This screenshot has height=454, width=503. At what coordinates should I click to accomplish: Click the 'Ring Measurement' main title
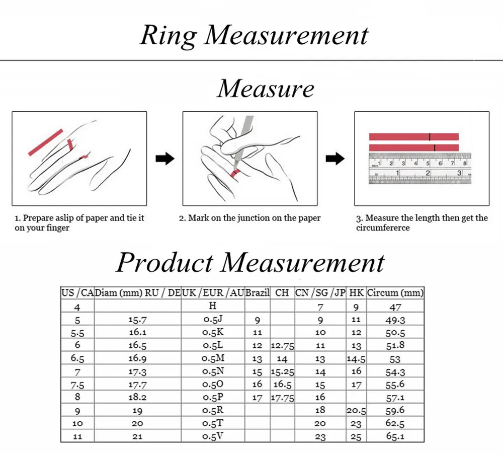coord(254,35)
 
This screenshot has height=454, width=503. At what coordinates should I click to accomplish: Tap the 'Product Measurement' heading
coord(250,263)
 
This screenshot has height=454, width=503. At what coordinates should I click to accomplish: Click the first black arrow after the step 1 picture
coord(165,159)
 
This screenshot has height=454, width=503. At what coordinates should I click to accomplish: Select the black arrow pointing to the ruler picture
coord(335,159)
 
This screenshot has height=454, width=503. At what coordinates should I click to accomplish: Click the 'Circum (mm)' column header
coord(395,292)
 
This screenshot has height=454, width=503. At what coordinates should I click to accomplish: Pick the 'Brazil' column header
coord(258,292)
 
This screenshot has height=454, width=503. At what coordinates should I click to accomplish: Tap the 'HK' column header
coord(356,292)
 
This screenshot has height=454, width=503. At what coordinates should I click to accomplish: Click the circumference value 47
coord(395,307)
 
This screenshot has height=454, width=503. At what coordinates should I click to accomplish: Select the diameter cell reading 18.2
coord(137,397)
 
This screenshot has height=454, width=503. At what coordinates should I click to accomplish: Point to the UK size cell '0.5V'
coord(213,436)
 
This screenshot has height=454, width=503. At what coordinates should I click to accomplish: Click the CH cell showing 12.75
coord(282,346)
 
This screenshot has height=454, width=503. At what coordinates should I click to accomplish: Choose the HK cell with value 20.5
coord(356,411)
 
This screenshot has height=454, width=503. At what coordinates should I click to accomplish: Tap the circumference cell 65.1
coord(395,436)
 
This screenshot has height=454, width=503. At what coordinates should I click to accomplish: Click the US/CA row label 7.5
coord(77,385)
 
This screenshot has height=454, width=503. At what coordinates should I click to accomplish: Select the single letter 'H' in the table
coord(213,306)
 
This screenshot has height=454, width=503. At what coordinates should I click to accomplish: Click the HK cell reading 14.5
coord(356,359)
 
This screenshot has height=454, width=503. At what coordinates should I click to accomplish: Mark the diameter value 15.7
coord(137,320)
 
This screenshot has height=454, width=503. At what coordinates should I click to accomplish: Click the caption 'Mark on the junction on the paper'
coord(250,218)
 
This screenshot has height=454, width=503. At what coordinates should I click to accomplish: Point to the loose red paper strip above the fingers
coord(45,142)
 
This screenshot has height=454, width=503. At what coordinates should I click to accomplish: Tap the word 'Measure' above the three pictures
coord(265,89)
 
